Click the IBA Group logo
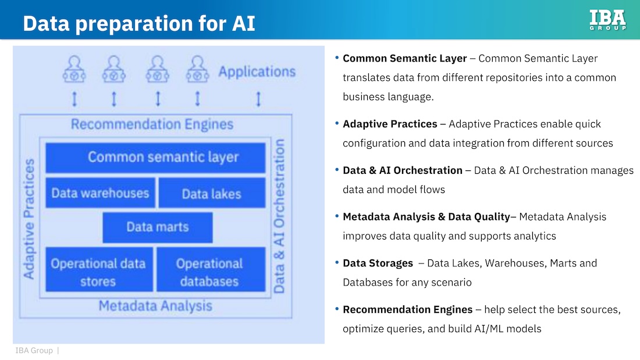point(607,20)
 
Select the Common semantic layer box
point(155,158)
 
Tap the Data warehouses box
point(100,193)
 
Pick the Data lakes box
point(211,194)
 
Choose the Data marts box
point(158,227)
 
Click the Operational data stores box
point(98,272)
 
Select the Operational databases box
point(210,272)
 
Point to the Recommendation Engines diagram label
point(152,124)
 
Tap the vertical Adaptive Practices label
point(29,218)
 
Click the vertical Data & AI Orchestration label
point(280,216)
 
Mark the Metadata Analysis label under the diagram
point(155,306)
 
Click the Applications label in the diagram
point(257,72)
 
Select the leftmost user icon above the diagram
point(74,69)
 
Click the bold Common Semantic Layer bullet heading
point(404,58)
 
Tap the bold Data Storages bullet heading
point(378,263)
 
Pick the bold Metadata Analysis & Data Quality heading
point(426,216)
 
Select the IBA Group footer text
point(34,350)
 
